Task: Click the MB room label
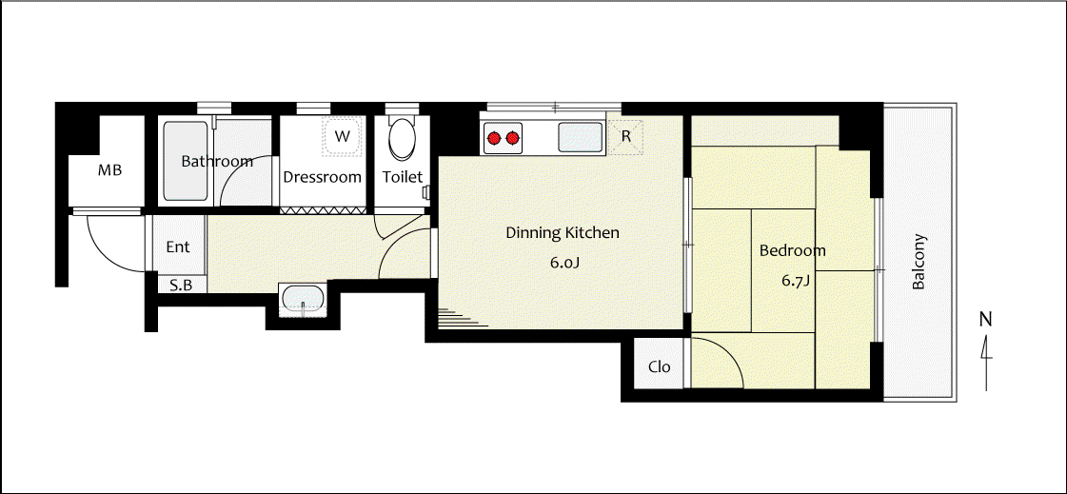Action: (109, 170)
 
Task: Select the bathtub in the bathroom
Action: (186, 161)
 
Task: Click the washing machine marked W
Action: (343, 136)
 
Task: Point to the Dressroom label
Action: (322, 177)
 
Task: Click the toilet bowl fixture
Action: (402, 139)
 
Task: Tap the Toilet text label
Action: (403, 177)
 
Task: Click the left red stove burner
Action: (494, 139)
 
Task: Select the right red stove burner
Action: (512, 139)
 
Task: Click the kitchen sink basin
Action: (580, 138)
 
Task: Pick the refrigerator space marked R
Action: (626, 137)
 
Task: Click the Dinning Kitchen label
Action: (563, 233)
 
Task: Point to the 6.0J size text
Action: (564, 262)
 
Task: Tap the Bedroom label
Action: (792, 250)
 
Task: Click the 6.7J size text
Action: (795, 281)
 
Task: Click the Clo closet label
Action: (660, 367)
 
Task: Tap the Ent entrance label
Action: (178, 247)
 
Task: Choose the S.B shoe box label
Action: (180, 286)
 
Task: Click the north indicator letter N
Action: (986, 318)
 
